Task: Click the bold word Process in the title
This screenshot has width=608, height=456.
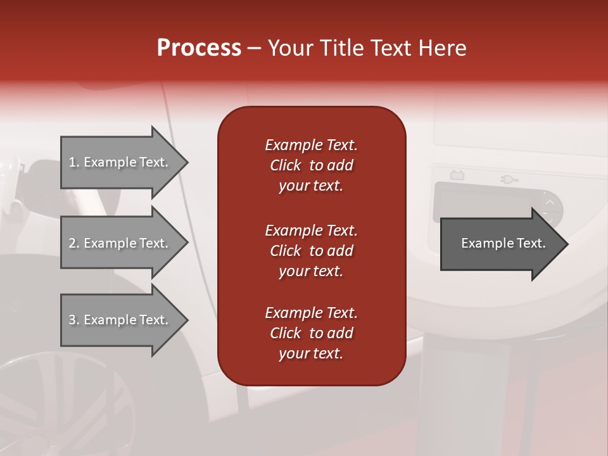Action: [x=199, y=48]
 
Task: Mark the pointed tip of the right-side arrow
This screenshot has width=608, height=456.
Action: [x=567, y=244]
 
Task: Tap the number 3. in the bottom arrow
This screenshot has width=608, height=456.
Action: [x=74, y=320]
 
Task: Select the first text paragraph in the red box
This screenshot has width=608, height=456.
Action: [x=311, y=165]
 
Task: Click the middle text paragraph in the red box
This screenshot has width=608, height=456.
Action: [x=311, y=251]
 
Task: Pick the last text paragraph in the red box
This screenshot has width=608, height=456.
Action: [x=311, y=333]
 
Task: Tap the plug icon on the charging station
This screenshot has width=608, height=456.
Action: [x=509, y=179]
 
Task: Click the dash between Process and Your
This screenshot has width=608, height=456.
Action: [x=255, y=49]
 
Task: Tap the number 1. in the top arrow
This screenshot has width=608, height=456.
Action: [x=74, y=163]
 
